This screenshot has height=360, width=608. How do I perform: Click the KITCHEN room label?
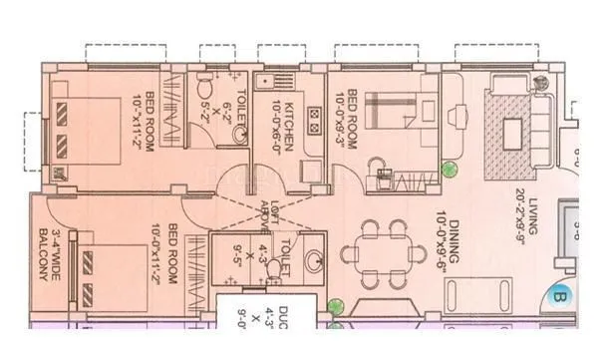(x=289, y=127)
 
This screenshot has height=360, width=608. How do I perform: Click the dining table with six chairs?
(x=383, y=252)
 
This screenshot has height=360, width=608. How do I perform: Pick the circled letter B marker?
(x=558, y=296)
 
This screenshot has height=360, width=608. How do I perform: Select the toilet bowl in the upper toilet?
(x=202, y=81)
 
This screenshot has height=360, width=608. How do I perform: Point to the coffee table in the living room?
(x=514, y=129)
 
